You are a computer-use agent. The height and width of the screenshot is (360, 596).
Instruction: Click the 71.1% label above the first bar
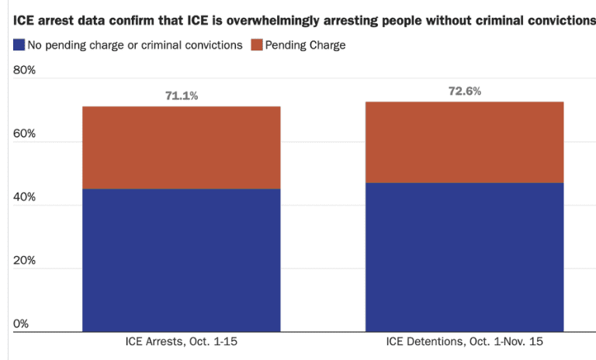(x=181, y=96)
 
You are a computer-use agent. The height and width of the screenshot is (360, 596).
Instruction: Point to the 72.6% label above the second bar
(x=465, y=91)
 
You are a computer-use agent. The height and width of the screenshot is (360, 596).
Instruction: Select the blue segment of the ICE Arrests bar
(x=181, y=260)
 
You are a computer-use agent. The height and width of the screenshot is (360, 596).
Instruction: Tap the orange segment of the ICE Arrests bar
(x=181, y=147)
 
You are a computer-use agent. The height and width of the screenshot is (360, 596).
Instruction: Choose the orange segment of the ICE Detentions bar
(x=465, y=142)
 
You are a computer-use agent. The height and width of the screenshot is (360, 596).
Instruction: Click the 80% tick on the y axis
(x=26, y=71)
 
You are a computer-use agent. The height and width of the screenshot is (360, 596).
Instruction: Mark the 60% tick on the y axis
(x=26, y=134)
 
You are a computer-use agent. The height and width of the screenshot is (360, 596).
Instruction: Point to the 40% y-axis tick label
(x=26, y=197)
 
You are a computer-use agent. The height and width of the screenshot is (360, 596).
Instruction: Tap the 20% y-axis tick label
(x=26, y=261)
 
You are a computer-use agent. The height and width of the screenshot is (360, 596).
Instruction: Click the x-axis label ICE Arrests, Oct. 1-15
(x=181, y=342)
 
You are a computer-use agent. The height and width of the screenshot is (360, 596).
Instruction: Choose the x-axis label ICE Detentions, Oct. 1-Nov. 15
(x=465, y=342)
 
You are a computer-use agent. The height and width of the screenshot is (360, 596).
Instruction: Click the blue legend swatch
(x=19, y=45)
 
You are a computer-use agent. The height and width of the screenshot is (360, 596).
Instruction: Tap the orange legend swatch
(x=256, y=45)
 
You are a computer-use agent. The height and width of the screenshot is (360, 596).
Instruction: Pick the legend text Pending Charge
(x=306, y=45)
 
